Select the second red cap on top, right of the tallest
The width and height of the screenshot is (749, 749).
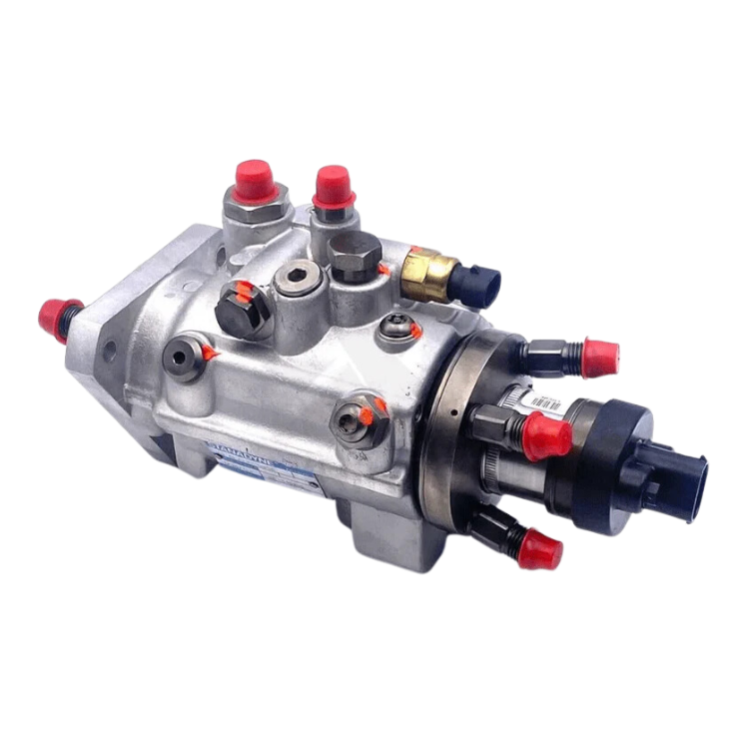pos(327,187)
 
